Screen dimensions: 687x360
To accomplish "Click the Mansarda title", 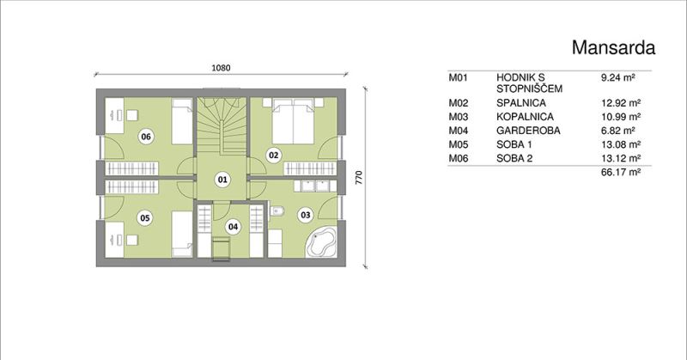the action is (x=613, y=47).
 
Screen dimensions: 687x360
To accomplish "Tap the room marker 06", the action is (x=146, y=137).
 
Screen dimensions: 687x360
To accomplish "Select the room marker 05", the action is (x=145, y=218).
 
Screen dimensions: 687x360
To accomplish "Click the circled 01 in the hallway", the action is (x=222, y=180).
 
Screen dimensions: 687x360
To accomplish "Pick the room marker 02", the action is (x=273, y=155).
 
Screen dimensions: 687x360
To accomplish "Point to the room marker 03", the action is (x=305, y=215).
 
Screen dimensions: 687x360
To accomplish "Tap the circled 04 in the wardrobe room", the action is (x=233, y=227).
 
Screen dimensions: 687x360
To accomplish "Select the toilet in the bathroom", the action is (x=277, y=211).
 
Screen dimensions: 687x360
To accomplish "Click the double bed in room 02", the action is (x=293, y=121).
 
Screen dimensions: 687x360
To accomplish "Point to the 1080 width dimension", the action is (x=221, y=68).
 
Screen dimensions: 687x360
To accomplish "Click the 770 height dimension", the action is (x=359, y=177).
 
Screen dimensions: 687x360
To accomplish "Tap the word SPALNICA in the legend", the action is (x=521, y=103).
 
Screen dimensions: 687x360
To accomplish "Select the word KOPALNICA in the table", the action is (x=525, y=117).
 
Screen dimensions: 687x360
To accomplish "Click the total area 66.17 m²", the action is (x=621, y=172).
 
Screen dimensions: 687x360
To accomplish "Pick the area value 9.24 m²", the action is (x=618, y=78).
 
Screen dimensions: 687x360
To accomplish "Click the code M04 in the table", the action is (x=459, y=131).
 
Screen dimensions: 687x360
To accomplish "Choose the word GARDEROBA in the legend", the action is (x=528, y=131).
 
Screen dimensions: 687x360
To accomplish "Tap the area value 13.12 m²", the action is (x=621, y=158).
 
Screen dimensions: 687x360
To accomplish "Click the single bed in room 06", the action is (x=182, y=121).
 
